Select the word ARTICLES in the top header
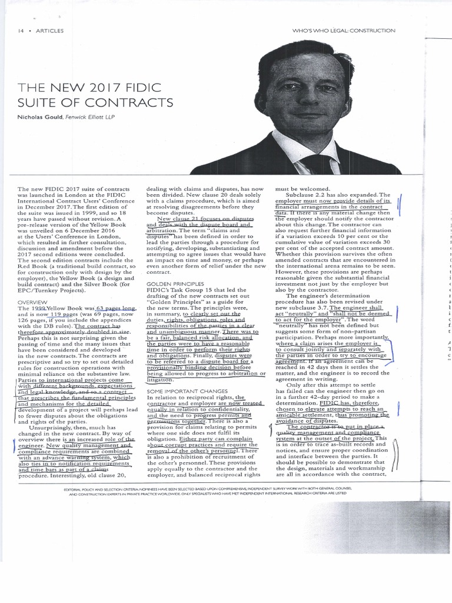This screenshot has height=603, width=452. tap(49, 31)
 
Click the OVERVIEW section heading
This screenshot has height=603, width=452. tap(34, 302)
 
